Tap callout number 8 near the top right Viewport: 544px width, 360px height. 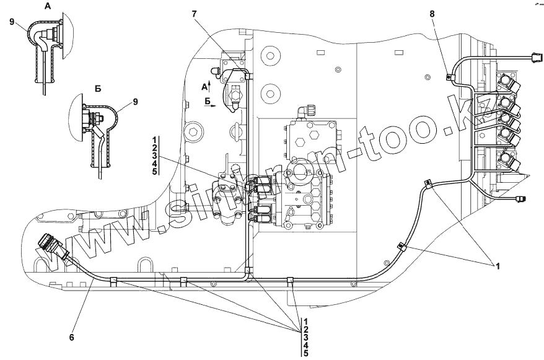pos(432,13)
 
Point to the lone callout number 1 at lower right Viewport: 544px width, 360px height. pos(496,266)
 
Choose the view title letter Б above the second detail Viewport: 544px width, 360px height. pos(97,89)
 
